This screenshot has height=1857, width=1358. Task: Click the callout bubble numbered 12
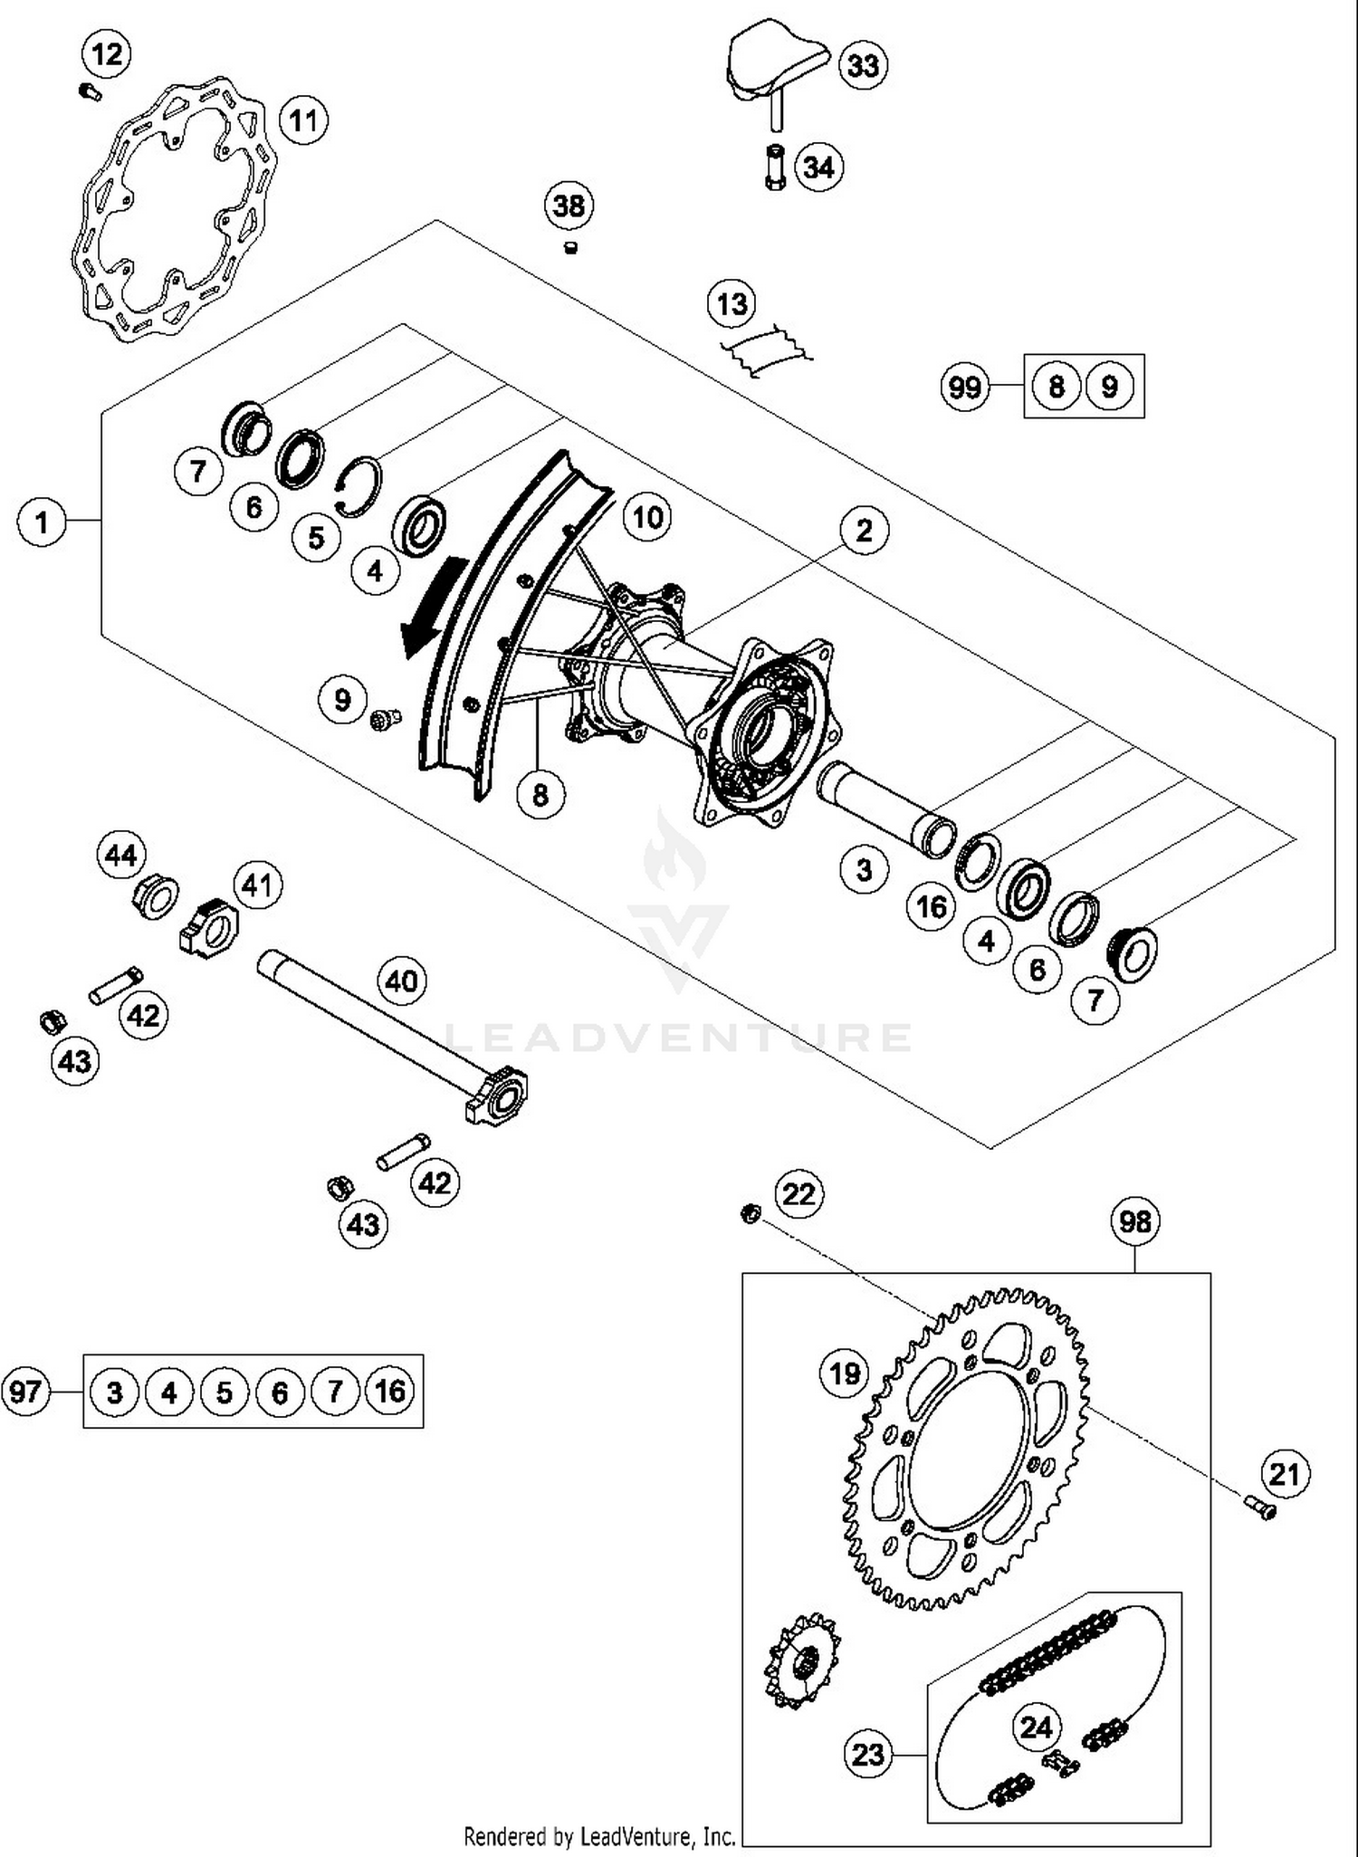[107, 53]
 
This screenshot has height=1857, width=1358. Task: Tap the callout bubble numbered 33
[862, 65]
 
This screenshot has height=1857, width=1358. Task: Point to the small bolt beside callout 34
[775, 167]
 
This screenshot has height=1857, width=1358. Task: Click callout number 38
[569, 206]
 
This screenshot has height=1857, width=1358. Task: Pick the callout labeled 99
[964, 388]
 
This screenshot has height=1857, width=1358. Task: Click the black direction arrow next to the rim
[433, 608]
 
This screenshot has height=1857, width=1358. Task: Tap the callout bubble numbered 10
[647, 517]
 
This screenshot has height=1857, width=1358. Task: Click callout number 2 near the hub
[864, 530]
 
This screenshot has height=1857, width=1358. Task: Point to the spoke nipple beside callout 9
[384, 720]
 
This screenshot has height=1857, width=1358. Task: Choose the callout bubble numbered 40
[402, 981]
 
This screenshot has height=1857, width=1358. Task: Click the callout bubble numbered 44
[121, 855]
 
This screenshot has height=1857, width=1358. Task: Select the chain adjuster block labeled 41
[210, 928]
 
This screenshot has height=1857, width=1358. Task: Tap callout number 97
[25, 1391]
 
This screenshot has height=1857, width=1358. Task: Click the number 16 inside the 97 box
[390, 1391]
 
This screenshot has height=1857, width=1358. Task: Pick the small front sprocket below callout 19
[802, 1661]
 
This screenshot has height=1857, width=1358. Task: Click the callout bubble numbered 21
[1285, 1474]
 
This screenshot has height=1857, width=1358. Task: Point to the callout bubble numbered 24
[1036, 1727]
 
